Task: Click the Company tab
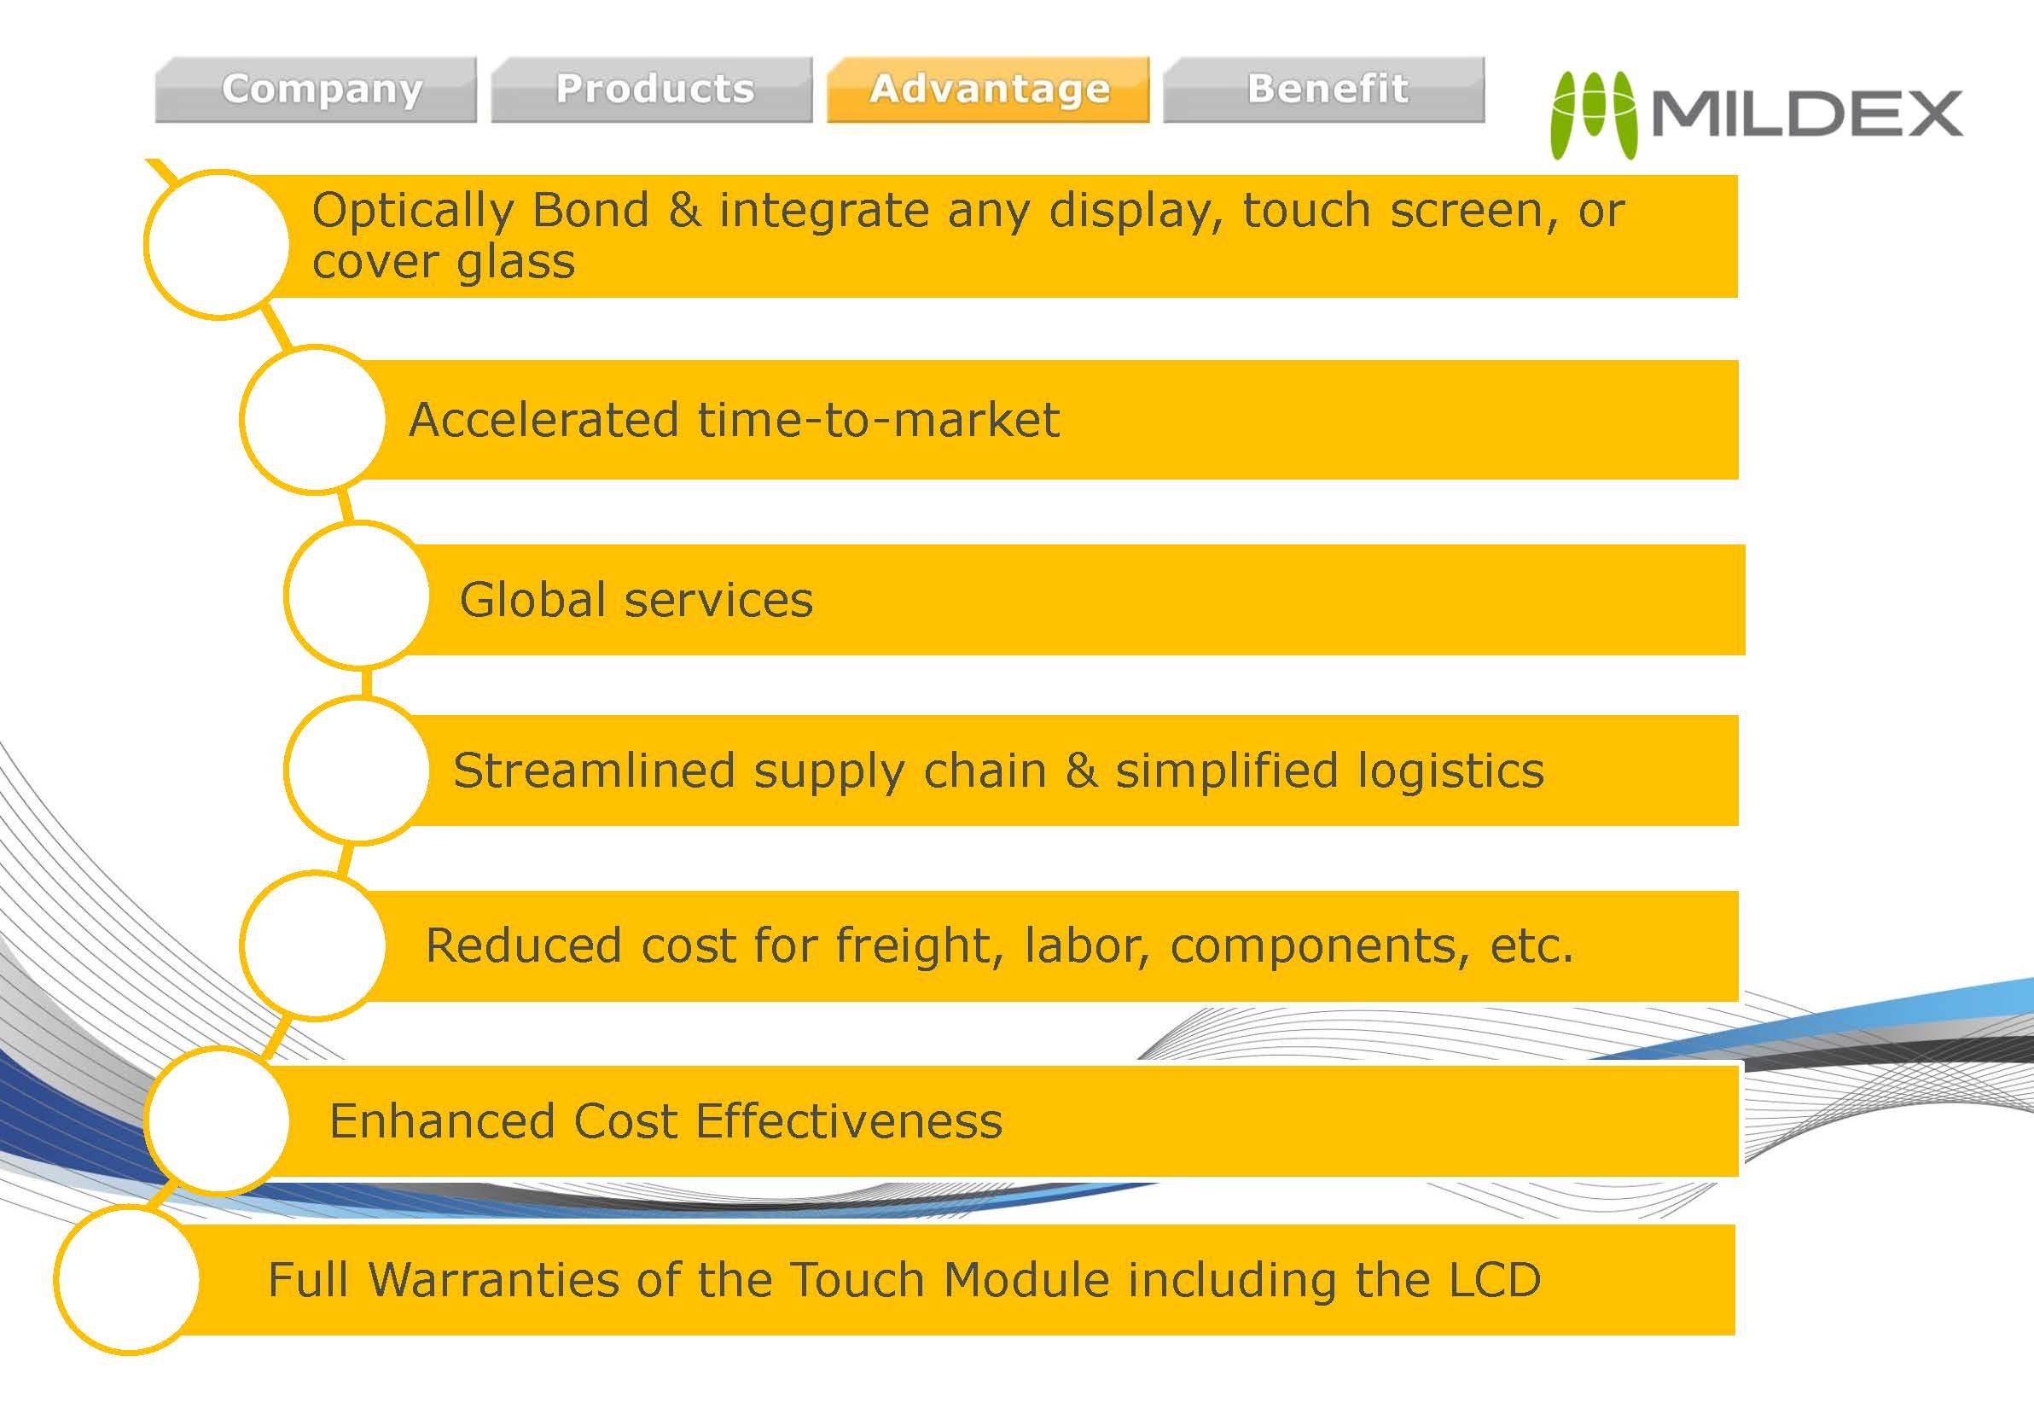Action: click(x=316, y=90)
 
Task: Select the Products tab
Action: click(x=652, y=90)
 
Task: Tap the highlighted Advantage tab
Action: click(x=988, y=90)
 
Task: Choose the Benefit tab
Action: click(x=1324, y=90)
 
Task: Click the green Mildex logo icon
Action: click(x=1594, y=114)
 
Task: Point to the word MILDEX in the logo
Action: click(x=1806, y=113)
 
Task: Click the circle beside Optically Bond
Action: click(x=217, y=243)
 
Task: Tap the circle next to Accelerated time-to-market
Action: click(x=313, y=420)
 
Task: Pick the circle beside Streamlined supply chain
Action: click(x=357, y=770)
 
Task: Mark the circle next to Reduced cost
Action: click(x=313, y=945)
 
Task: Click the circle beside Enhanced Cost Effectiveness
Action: click(x=217, y=1120)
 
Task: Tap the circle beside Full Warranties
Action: click(x=128, y=1280)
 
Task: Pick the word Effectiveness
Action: click(x=849, y=1121)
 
